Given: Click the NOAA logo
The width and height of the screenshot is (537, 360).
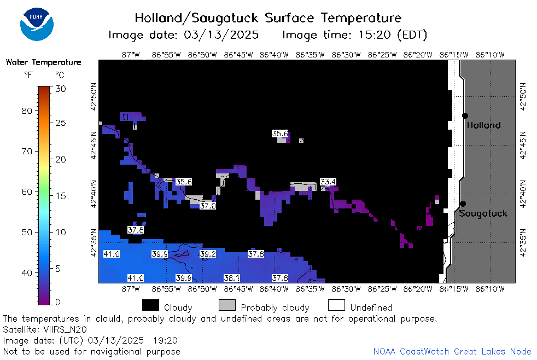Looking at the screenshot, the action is click(37, 24).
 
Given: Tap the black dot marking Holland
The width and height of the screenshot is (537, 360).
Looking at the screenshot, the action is click(465, 116).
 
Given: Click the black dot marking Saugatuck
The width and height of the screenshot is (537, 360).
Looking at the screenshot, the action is click(463, 204).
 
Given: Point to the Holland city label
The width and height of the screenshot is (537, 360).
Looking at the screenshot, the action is click(483, 125).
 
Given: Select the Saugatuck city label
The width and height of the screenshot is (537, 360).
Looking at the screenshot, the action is click(483, 213).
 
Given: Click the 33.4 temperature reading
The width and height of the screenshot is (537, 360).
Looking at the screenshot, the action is click(328, 182).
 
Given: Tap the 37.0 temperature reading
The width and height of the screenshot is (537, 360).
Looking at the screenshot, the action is click(208, 206).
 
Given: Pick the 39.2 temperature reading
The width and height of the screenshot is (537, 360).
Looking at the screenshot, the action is click(208, 254).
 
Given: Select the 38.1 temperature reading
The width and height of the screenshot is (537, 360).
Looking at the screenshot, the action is click(232, 278).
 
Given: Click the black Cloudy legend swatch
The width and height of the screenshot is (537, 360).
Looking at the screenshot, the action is click(151, 305).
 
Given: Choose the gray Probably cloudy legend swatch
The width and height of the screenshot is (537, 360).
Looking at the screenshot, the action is click(227, 305).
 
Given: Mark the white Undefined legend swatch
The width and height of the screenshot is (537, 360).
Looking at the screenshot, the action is click(336, 305).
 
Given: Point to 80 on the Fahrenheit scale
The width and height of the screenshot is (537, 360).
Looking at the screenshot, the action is click(27, 111).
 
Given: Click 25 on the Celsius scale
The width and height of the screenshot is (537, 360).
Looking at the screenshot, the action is click(61, 123).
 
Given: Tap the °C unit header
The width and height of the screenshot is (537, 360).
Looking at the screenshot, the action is click(60, 75).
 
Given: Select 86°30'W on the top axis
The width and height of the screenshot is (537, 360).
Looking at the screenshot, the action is click(346, 55).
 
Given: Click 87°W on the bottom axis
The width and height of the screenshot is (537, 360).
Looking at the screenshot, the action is click(131, 289).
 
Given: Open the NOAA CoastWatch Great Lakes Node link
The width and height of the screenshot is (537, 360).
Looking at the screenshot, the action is click(452, 351).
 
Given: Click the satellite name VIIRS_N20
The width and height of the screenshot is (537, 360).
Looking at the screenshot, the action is click(65, 329).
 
